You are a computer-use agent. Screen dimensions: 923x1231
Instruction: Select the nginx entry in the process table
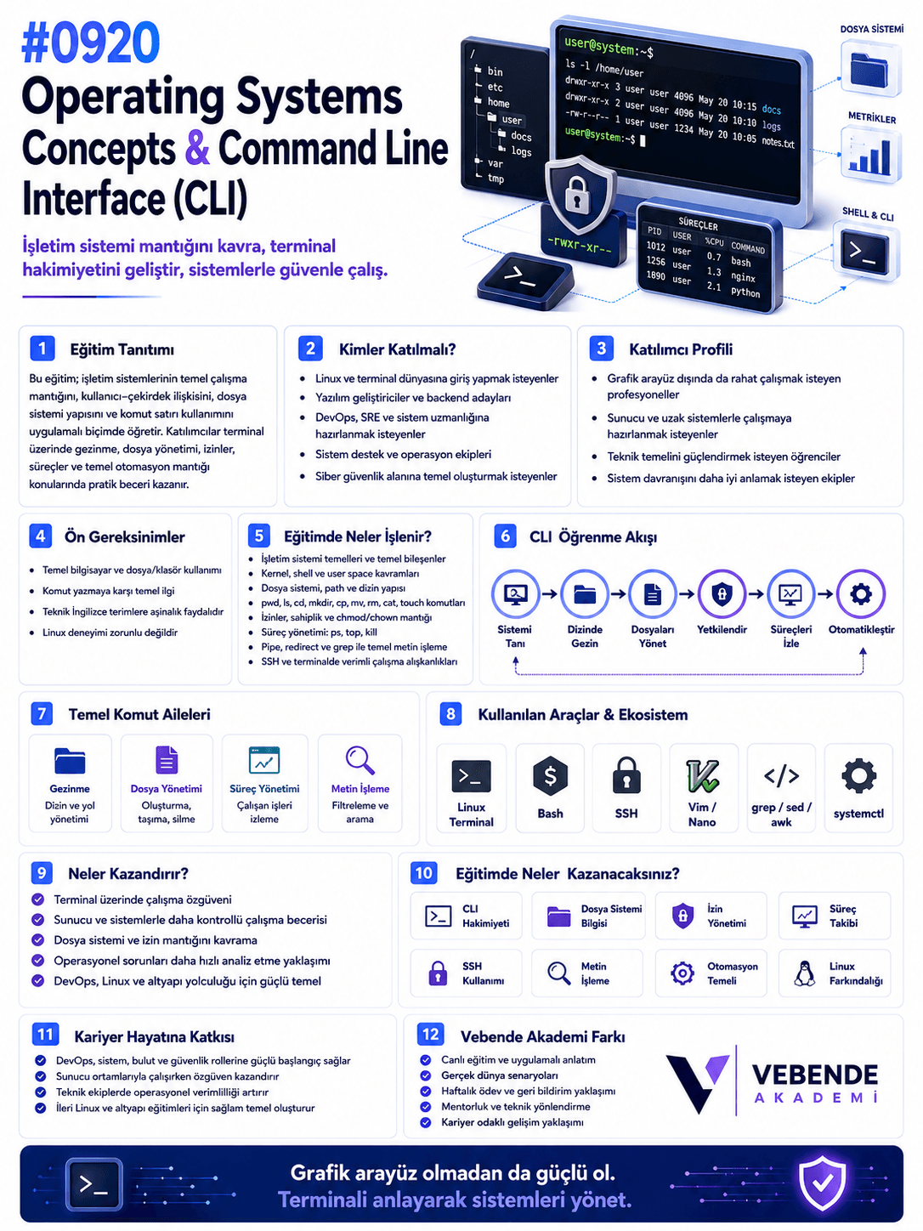(x=743, y=276)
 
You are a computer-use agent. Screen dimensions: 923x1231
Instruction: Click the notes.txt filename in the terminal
(x=778, y=142)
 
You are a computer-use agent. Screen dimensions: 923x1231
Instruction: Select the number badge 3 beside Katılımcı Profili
(x=601, y=349)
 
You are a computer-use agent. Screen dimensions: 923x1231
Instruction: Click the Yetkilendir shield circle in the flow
(x=722, y=593)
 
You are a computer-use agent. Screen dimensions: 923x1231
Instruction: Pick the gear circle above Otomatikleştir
(x=860, y=593)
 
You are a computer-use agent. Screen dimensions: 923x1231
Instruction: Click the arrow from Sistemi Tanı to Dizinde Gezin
(x=549, y=593)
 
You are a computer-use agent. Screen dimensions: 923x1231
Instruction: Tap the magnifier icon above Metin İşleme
(x=360, y=759)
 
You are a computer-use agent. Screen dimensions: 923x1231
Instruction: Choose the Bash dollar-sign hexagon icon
(x=550, y=775)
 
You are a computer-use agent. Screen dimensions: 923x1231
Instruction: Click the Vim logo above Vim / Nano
(x=702, y=775)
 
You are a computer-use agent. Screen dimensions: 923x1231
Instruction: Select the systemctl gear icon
(x=858, y=775)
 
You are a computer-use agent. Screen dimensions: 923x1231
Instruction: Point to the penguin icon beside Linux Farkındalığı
(x=804, y=973)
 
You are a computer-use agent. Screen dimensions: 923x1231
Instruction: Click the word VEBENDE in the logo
(x=814, y=1074)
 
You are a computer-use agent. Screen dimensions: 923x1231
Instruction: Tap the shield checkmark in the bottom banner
(x=822, y=1183)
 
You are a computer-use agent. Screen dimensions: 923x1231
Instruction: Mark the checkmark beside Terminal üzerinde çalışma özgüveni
(x=38, y=899)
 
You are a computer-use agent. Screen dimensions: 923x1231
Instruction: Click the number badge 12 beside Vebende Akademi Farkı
(x=430, y=1034)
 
